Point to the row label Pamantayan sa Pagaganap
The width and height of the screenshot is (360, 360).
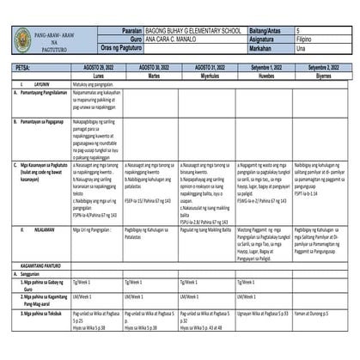pos(45,123)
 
